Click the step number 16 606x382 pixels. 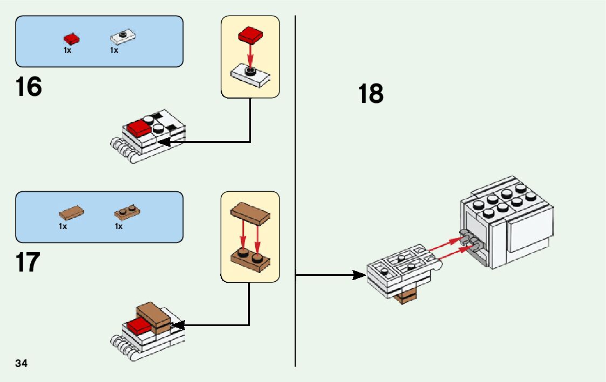pos(29,87)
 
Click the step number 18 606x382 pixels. pos(371,94)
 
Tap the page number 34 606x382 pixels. pos(22,363)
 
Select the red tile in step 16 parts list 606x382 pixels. pos(71,38)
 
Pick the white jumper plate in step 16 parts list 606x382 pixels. pos(123,37)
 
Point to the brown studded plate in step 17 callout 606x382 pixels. pos(250,259)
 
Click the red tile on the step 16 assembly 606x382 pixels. pos(139,128)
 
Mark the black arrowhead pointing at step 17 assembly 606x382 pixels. pos(178,325)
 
